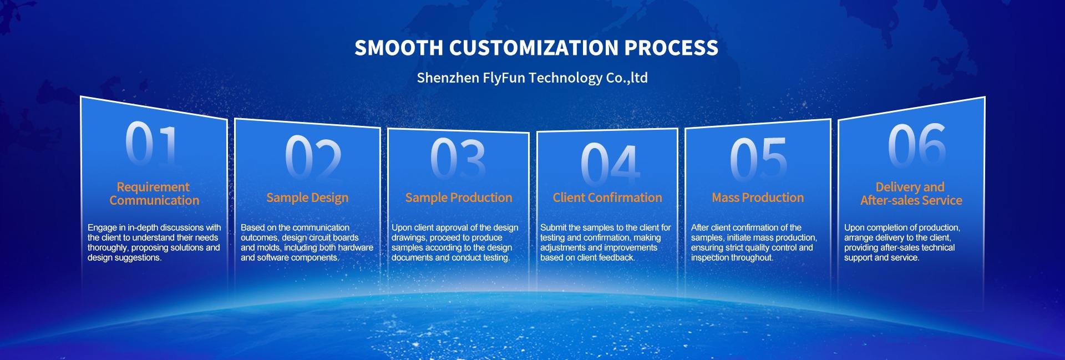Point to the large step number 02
(313, 156)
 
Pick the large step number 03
(458, 159)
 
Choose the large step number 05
(758, 159)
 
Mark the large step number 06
(917, 145)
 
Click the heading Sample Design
(307, 198)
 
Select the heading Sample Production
(459, 197)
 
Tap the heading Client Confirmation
(607, 197)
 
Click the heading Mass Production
(758, 197)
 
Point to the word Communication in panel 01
(154, 200)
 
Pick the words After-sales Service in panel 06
(911, 200)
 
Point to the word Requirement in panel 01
(153, 187)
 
